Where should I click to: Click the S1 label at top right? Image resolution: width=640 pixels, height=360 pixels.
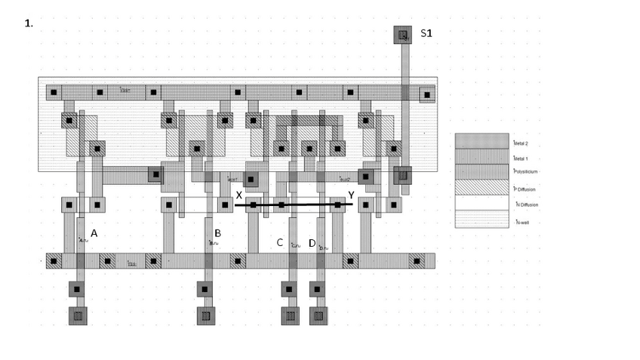(426, 34)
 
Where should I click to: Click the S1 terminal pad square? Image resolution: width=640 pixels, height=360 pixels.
(403, 35)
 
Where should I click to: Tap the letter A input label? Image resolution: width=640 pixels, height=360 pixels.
(94, 234)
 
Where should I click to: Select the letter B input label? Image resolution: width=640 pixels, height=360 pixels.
(217, 233)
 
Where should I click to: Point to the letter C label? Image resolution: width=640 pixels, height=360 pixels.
(280, 243)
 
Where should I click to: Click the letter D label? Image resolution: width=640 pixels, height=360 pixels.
(312, 243)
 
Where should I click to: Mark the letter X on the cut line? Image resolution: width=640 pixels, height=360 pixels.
(239, 195)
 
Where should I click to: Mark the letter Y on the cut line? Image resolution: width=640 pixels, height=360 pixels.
(351, 195)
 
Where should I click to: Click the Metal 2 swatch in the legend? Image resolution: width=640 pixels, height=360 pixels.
(482, 141)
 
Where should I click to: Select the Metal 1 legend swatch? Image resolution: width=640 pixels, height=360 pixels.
(482, 157)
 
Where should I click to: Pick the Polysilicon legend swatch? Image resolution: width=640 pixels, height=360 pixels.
(482, 172)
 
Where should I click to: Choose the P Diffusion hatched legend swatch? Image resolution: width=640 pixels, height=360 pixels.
(482, 188)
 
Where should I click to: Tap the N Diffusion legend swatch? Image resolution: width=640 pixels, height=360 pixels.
(482, 204)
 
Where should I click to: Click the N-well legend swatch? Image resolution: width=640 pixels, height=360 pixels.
(482, 220)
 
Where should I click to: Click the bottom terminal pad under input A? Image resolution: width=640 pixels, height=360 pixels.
(78, 315)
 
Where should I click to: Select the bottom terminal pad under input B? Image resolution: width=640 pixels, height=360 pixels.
(205, 315)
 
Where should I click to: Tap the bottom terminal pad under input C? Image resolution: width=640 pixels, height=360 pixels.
(289, 315)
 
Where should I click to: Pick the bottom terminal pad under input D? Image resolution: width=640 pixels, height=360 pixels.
(318, 315)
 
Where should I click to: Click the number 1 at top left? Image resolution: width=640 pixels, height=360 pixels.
(29, 23)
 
